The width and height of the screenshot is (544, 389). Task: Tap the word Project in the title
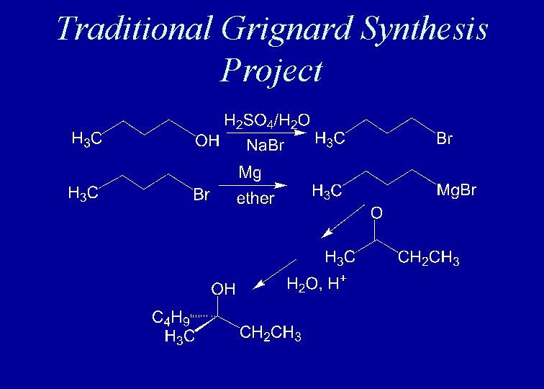pos(272,70)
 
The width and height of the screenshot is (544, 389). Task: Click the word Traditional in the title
pos(133,28)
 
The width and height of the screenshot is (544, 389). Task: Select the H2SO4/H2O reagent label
pos(267,120)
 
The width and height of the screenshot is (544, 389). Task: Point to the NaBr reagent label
pos(266,146)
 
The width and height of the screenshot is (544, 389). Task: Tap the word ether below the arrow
pos(255,199)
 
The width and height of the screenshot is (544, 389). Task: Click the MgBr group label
pos(456,192)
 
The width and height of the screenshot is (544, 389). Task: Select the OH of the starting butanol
pos(208,140)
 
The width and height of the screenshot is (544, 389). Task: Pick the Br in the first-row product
pos(445,139)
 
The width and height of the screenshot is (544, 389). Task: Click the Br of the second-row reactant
pos(201,194)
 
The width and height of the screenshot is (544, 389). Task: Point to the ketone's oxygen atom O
pos(376,213)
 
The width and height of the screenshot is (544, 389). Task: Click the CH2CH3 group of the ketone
pos(429,258)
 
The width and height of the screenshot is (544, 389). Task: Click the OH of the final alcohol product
pos(223,290)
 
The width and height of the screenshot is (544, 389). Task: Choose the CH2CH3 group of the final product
pos(271,334)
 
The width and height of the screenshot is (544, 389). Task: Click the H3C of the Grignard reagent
pos(327,192)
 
